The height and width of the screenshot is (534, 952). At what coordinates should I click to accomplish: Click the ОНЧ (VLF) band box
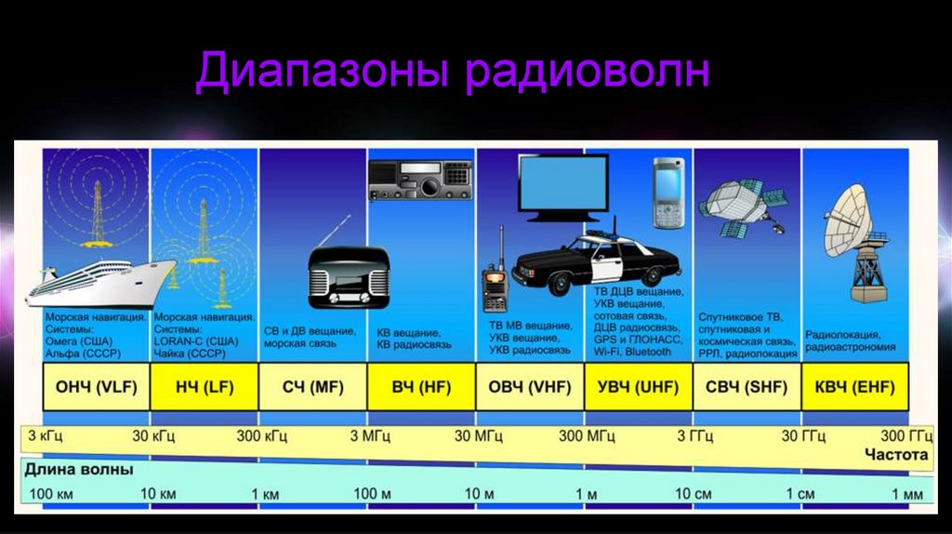pyautogui.click(x=96, y=387)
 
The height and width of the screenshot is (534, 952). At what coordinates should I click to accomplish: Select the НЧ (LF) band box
pyautogui.click(x=204, y=387)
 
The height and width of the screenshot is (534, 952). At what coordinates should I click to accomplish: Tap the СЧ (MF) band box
pyautogui.click(x=312, y=387)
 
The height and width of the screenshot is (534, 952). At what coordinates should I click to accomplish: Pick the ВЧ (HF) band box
pyautogui.click(x=421, y=387)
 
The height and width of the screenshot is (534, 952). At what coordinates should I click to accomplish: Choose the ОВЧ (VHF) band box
pyautogui.click(x=529, y=387)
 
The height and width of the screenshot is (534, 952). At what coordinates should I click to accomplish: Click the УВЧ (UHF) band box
pyautogui.click(x=638, y=387)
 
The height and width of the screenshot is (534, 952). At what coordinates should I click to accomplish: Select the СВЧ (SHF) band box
pyautogui.click(x=747, y=387)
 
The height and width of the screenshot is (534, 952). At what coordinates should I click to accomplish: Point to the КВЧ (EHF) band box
pyautogui.click(x=855, y=387)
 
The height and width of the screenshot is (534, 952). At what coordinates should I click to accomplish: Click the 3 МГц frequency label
pyautogui.click(x=370, y=436)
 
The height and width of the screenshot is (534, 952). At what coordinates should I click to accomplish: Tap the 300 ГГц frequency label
pyautogui.click(x=906, y=435)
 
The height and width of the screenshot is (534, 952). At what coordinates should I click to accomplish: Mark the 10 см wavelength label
pyautogui.click(x=694, y=494)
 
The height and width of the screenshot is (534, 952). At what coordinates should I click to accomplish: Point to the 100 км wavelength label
pyautogui.click(x=51, y=494)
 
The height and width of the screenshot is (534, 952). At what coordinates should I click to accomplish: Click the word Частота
pyautogui.click(x=897, y=454)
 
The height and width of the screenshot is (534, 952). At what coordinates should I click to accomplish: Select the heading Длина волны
pyautogui.click(x=79, y=470)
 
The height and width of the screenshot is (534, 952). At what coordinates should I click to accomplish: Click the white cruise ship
pyautogui.click(x=100, y=283)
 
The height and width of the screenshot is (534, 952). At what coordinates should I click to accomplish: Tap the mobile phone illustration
pyautogui.click(x=668, y=194)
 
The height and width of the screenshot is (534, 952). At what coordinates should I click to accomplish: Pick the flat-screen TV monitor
pyautogui.click(x=562, y=188)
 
